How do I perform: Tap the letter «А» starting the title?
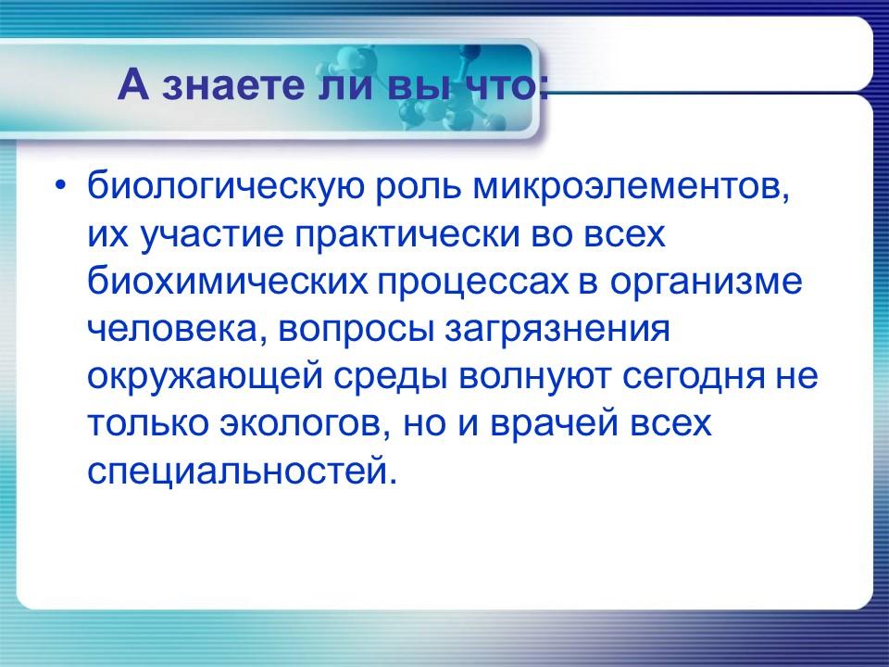coord(134,88)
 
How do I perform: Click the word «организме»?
coord(706,282)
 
